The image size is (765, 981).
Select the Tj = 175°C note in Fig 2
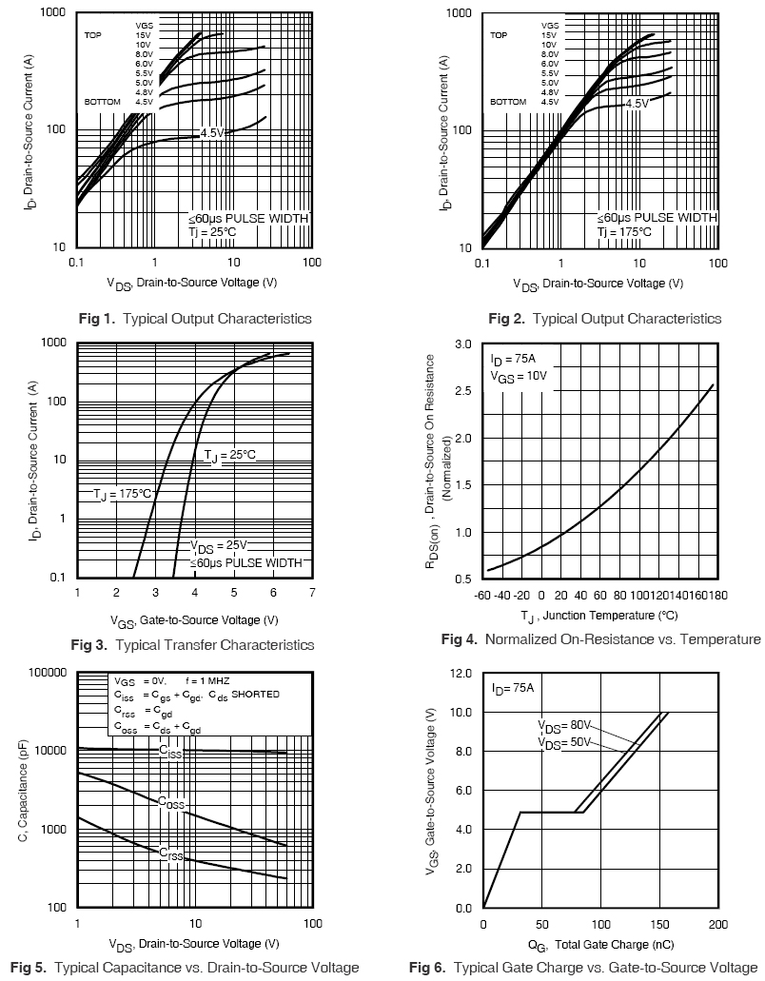tap(624, 231)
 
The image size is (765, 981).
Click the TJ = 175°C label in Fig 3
tap(122, 494)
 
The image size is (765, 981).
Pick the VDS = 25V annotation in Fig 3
tap(218, 546)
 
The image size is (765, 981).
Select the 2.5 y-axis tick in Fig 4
tap(462, 391)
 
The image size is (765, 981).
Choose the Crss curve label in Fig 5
tap(170, 853)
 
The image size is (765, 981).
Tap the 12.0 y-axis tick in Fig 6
tap(460, 673)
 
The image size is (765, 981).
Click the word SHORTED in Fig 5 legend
tap(256, 695)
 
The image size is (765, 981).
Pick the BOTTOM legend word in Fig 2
tap(508, 102)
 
